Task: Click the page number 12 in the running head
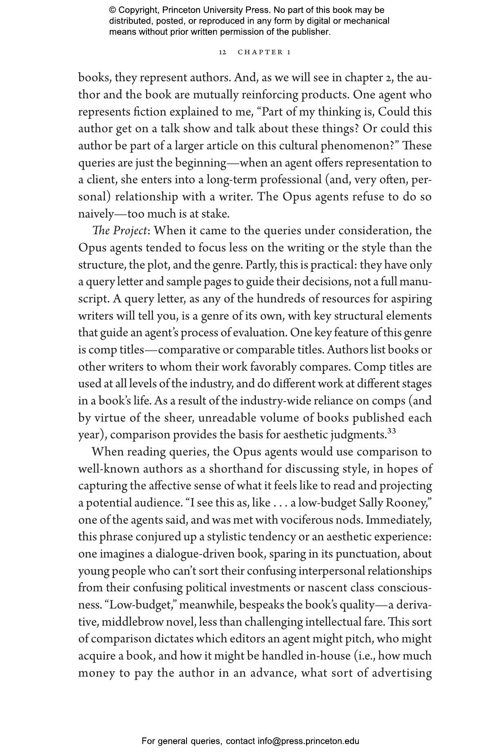[x=222, y=52]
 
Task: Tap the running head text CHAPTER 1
[x=264, y=52]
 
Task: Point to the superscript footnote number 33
[x=391, y=431]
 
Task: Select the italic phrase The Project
[x=119, y=231]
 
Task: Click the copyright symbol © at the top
[x=113, y=10]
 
